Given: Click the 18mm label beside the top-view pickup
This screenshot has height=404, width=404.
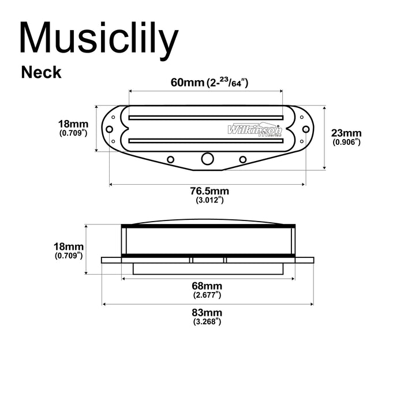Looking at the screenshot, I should point(73,124).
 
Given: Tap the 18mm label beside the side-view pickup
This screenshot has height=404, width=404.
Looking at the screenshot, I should point(69,246).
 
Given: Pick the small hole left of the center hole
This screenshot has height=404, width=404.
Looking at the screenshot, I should point(171,159).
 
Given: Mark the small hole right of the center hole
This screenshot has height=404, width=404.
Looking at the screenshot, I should point(242,159).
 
